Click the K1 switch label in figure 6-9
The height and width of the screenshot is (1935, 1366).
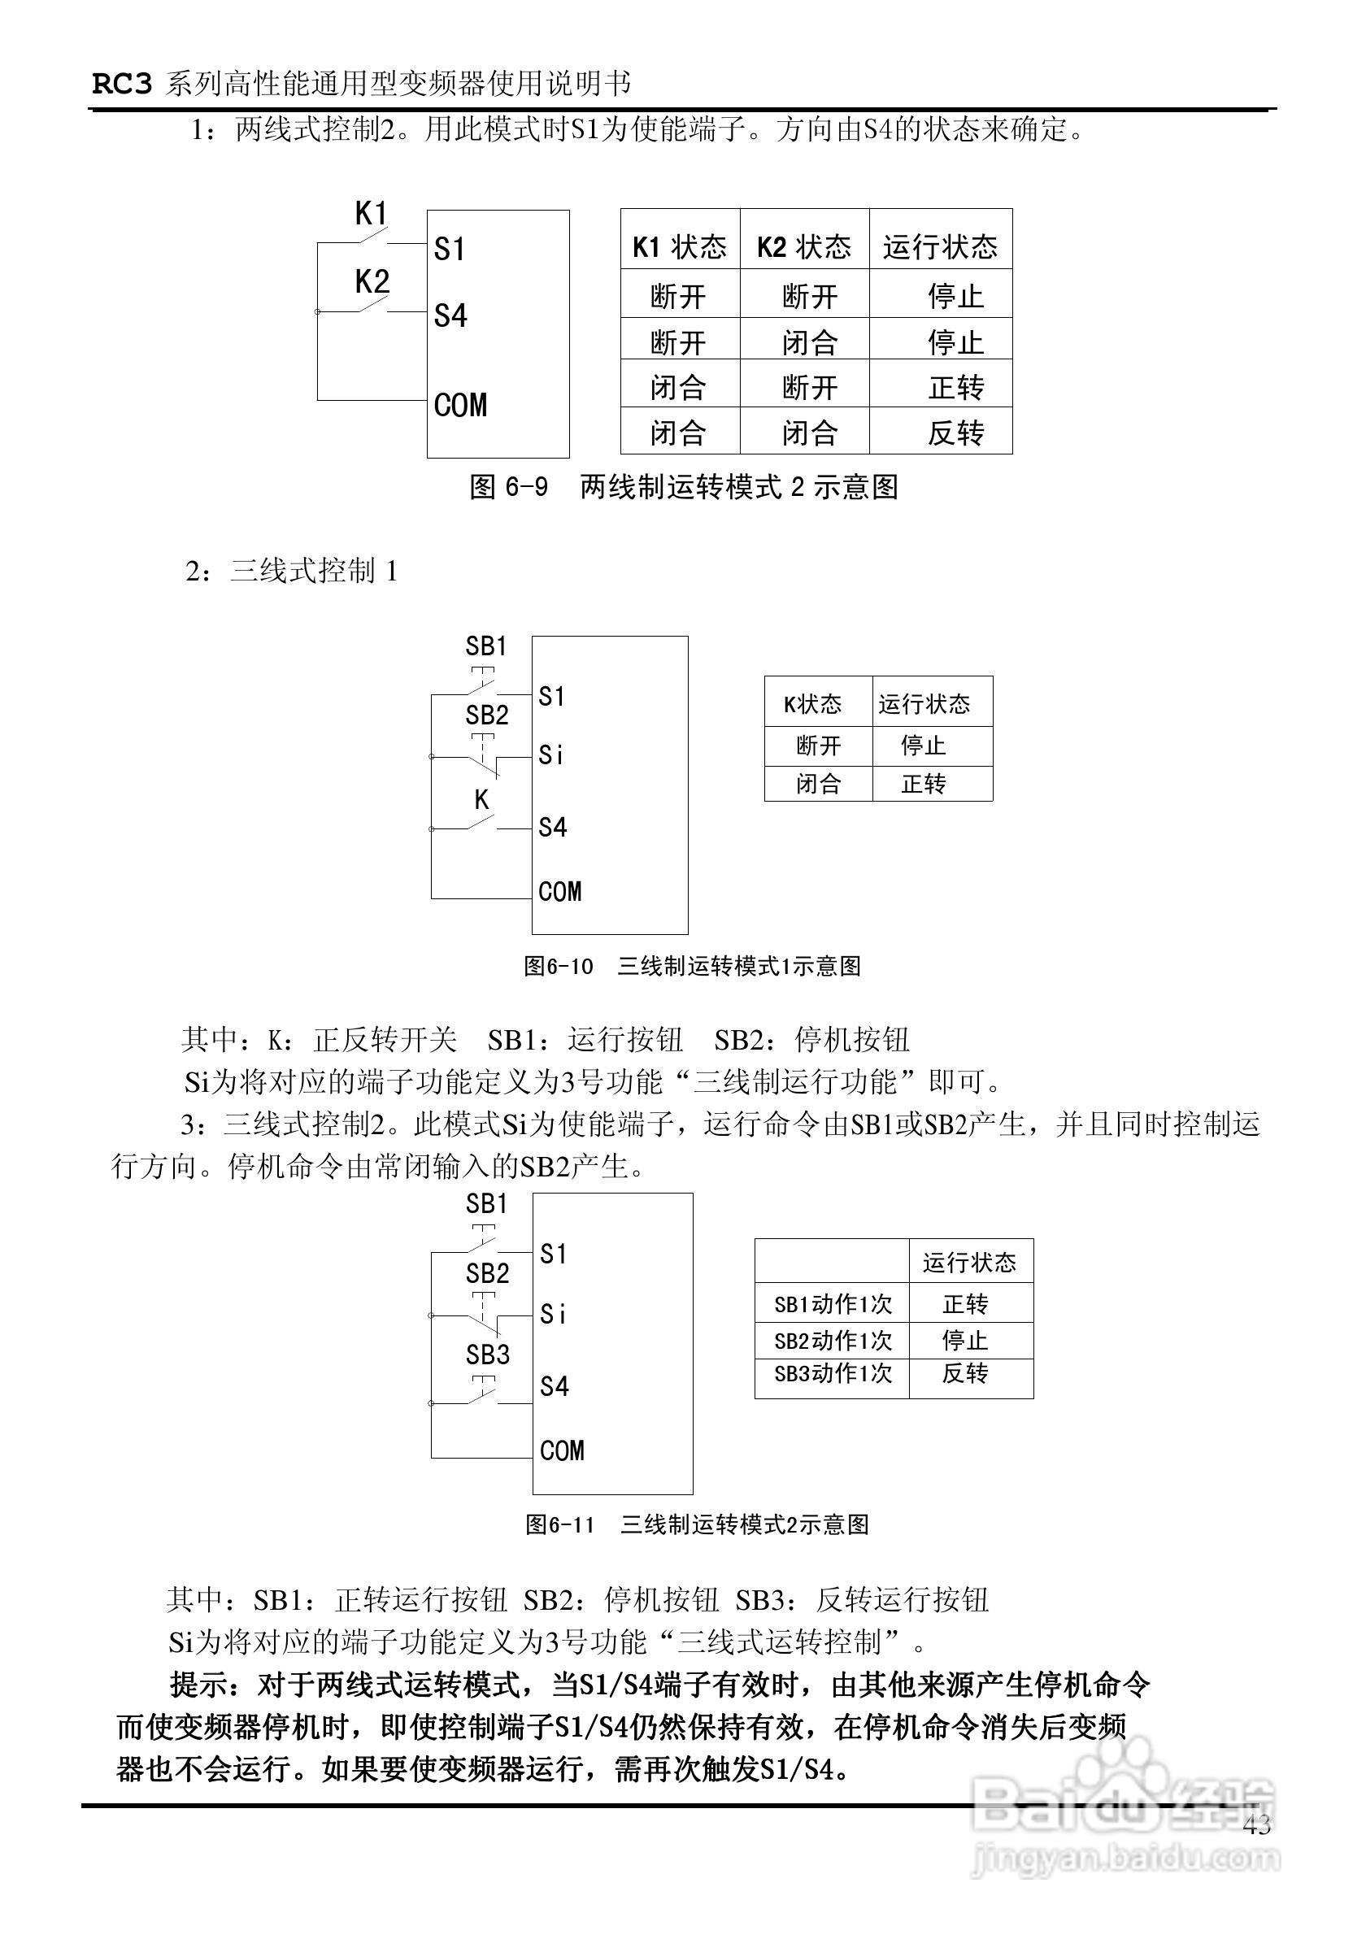click(371, 213)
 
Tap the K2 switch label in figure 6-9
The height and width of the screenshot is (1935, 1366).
click(372, 280)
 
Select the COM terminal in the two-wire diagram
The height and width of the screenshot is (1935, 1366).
click(460, 406)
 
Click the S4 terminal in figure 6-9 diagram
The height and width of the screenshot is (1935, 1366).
click(450, 316)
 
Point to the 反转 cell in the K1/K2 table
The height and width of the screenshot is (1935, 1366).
click(955, 433)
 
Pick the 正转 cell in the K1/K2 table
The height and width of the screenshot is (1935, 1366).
click(955, 388)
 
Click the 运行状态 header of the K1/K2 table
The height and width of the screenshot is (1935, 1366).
click(940, 247)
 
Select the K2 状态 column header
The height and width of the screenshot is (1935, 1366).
click(804, 247)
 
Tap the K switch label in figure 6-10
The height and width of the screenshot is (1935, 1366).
click(481, 799)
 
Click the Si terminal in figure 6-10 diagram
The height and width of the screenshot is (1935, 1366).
click(551, 755)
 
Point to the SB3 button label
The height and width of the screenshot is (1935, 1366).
click(488, 1354)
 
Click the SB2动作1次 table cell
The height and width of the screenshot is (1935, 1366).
click(833, 1340)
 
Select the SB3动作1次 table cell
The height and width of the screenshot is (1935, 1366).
click(833, 1374)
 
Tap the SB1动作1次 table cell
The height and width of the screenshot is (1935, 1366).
click(833, 1305)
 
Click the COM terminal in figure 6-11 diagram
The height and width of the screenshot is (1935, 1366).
click(562, 1450)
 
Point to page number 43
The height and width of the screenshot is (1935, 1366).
click(1256, 1825)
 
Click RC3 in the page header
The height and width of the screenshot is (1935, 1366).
click(121, 85)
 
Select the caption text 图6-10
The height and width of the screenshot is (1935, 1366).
click(559, 966)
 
